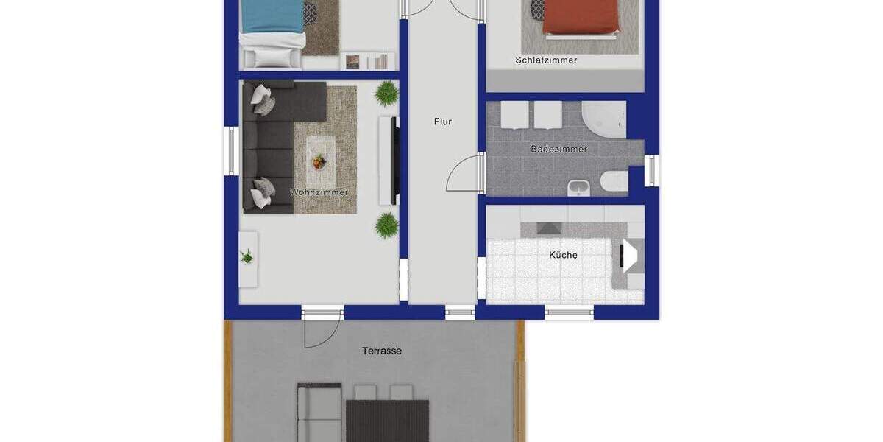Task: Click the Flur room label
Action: [x=443, y=122]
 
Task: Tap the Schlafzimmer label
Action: [x=546, y=60]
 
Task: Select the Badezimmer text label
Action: [x=559, y=149]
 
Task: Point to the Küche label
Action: [x=563, y=255]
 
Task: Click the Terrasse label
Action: [x=382, y=351]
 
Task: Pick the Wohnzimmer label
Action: [x=319, y=192]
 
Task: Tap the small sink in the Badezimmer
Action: [x=578, y=188]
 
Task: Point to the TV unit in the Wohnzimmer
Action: [x=389, y=161]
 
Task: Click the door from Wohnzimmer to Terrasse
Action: [x=322, y=328]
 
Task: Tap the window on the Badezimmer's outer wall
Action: [x=651, y=170]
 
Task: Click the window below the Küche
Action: [x=569, y=313]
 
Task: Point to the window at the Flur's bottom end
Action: [x=460, y=312]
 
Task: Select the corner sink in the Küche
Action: [x=629, y=255]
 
